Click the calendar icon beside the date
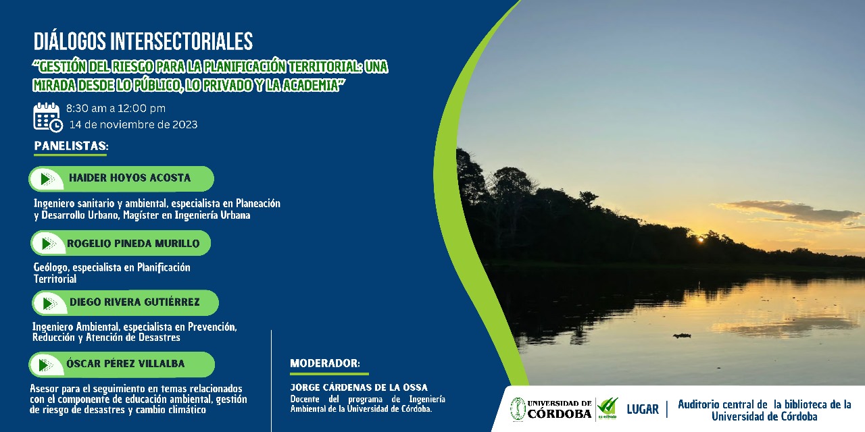tap(48, 117)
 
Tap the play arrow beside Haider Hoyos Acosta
tap(47, 179)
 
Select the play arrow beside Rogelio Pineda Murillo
tap(49, 244)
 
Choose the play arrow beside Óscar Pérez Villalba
tap(46, 365)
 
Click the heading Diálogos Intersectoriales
tap(143, 41)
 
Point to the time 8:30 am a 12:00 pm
tap(116, 109)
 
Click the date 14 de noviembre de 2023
tap(133, 125)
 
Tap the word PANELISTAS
tap(72, 146)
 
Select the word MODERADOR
tap(325, 363)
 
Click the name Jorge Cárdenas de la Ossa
tap(359, 387)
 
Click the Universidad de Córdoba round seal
tap(518, 409)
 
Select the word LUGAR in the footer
tap(643, 409)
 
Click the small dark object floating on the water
tap(682, 335)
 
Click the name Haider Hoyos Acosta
tap(130, 178)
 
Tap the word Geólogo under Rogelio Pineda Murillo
tap(51, 267)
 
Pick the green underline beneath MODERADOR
tap(329, 374)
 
